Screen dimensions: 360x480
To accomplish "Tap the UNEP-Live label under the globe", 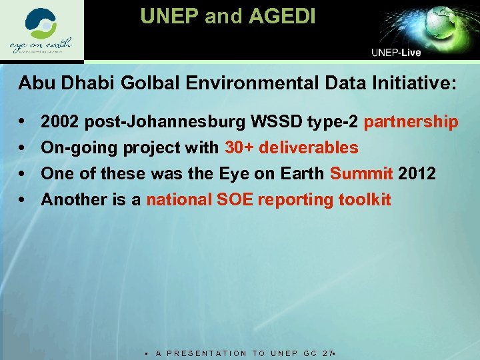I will (x=396, y=53).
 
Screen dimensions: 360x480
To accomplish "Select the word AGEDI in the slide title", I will (x=281, y=16).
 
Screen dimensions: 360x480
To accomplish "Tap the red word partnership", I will (x=411, y=122).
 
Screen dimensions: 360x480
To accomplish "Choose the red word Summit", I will (x=361, y=174).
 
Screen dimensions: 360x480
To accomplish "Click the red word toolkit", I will (x=364, y=199).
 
